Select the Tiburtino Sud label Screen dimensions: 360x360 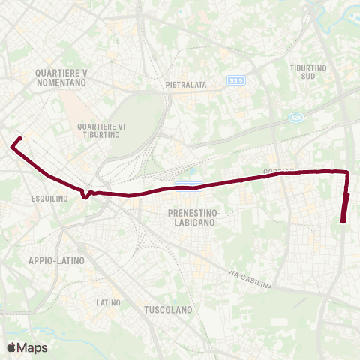coord(309,72)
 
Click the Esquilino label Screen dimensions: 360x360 coord(51,199)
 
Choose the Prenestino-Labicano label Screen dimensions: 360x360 coord(192,217)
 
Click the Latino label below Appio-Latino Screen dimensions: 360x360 coord(108,302)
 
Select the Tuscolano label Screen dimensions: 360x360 coord(168,309)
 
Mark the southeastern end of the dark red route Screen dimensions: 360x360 coord(343,221)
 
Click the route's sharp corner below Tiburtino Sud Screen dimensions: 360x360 coord(348,172)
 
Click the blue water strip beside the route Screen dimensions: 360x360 coord(188,182)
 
